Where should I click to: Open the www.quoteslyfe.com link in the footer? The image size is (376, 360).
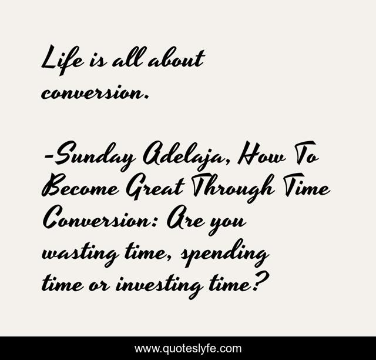188,348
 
